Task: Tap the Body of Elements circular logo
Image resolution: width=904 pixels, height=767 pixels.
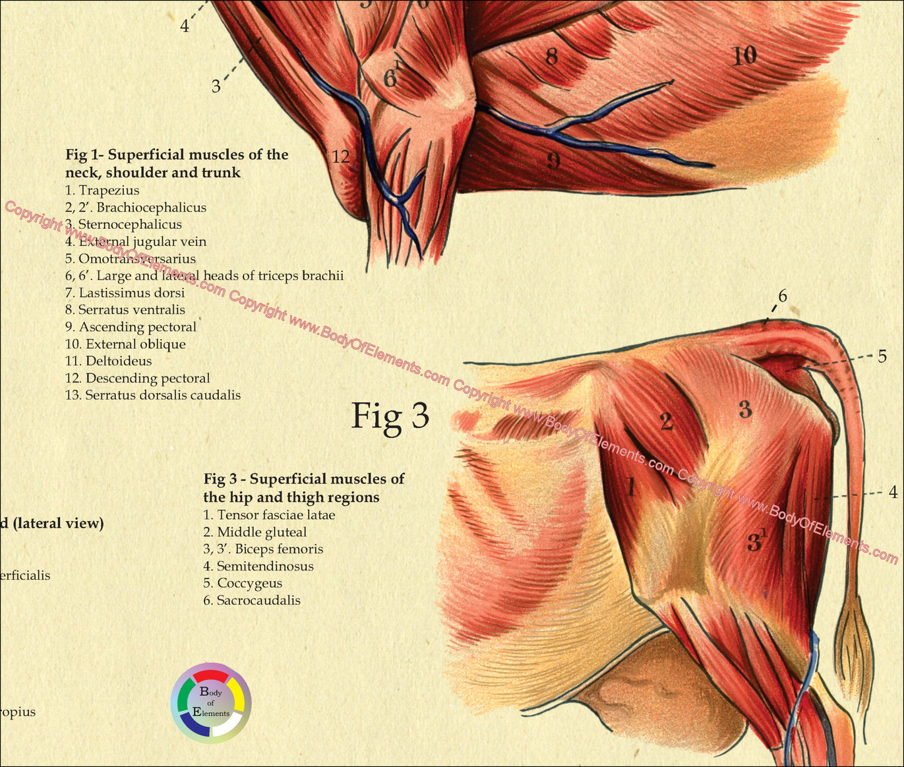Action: click(211, 703)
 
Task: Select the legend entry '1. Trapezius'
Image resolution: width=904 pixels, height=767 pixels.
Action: click(102, 190)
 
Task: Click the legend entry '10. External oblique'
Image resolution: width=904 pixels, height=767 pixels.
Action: click(125, 344)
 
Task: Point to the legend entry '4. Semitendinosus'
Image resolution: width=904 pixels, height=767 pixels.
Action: click(258, 566)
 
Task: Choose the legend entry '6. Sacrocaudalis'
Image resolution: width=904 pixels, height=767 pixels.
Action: click(251, 601)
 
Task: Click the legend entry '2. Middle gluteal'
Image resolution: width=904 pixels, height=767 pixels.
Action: click(255, 532)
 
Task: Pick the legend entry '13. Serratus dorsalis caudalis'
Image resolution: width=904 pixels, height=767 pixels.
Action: click(153, 395)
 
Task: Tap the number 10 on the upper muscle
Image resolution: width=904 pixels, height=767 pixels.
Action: click(744, 57)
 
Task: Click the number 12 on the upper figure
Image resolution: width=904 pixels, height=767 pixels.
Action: click(341, 156)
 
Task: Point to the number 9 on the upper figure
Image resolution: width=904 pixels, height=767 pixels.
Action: click(553, 162)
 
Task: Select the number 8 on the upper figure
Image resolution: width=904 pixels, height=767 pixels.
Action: click(551, 58)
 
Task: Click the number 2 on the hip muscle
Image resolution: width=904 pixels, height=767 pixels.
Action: click(666, 422)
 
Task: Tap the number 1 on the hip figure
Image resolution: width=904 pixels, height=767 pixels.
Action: click(631, 486)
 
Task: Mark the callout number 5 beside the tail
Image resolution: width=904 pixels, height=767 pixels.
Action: click(882, 357)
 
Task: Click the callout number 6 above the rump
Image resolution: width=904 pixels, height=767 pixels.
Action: click(783, 296)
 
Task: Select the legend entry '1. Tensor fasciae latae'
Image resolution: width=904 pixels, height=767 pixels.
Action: click(269, 516)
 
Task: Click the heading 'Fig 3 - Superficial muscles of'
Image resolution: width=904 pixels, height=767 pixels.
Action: click(303, 479)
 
